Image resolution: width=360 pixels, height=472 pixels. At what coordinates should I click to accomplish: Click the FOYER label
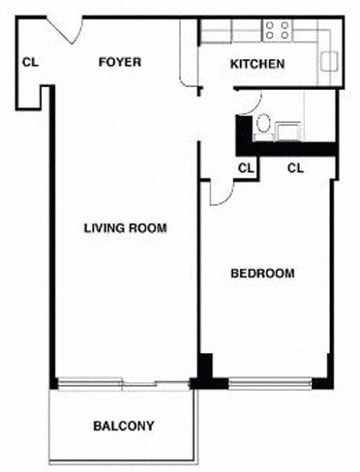tap(121, 63)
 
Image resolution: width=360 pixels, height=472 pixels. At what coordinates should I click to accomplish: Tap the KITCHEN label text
tap(256, 65)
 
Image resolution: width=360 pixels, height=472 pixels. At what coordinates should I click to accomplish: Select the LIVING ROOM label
tap(126, 229)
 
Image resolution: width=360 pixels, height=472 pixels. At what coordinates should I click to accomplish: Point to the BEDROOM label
tap(262, 274)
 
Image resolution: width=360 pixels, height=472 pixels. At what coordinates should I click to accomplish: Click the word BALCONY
tap(123, 426)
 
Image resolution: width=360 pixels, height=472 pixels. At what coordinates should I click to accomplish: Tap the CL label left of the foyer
tap(30, 63)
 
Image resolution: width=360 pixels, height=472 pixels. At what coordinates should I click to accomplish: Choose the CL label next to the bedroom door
tap(246, 167)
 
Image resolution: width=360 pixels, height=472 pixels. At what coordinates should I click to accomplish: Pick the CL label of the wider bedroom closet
tap(296, 167)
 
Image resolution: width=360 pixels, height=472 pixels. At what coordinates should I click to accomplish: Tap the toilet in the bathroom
tap(261, 125)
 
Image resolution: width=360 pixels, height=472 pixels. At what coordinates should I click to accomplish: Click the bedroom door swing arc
tap(219, 192)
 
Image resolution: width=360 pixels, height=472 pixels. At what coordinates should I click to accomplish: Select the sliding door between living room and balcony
tap(122, 383)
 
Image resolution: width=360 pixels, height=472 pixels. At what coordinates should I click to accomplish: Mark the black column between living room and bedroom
tap(205, 371)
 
